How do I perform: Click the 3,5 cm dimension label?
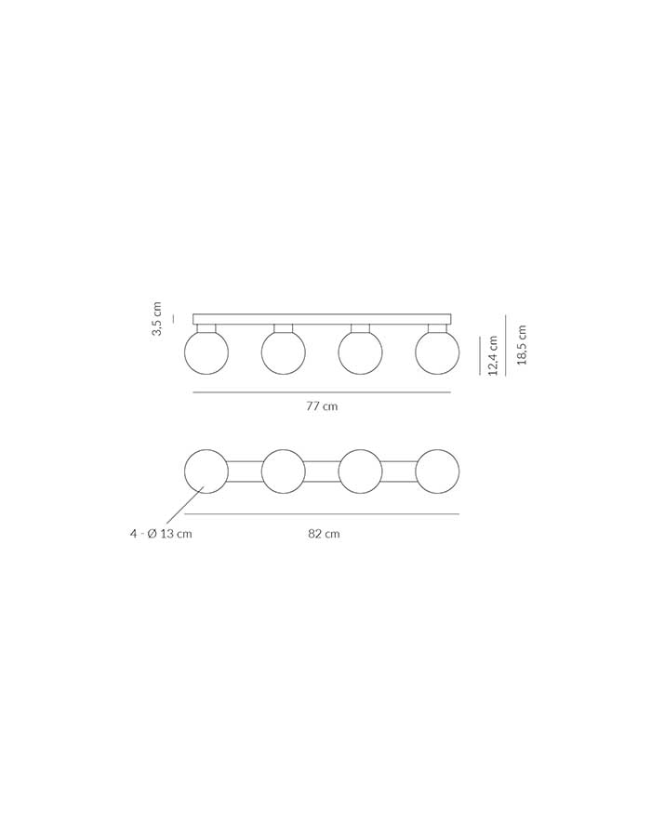156,319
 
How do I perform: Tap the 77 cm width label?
322,406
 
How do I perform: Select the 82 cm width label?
324,534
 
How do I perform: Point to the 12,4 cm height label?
493,355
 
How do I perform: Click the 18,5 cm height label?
522,345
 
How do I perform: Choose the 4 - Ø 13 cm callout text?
161,534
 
